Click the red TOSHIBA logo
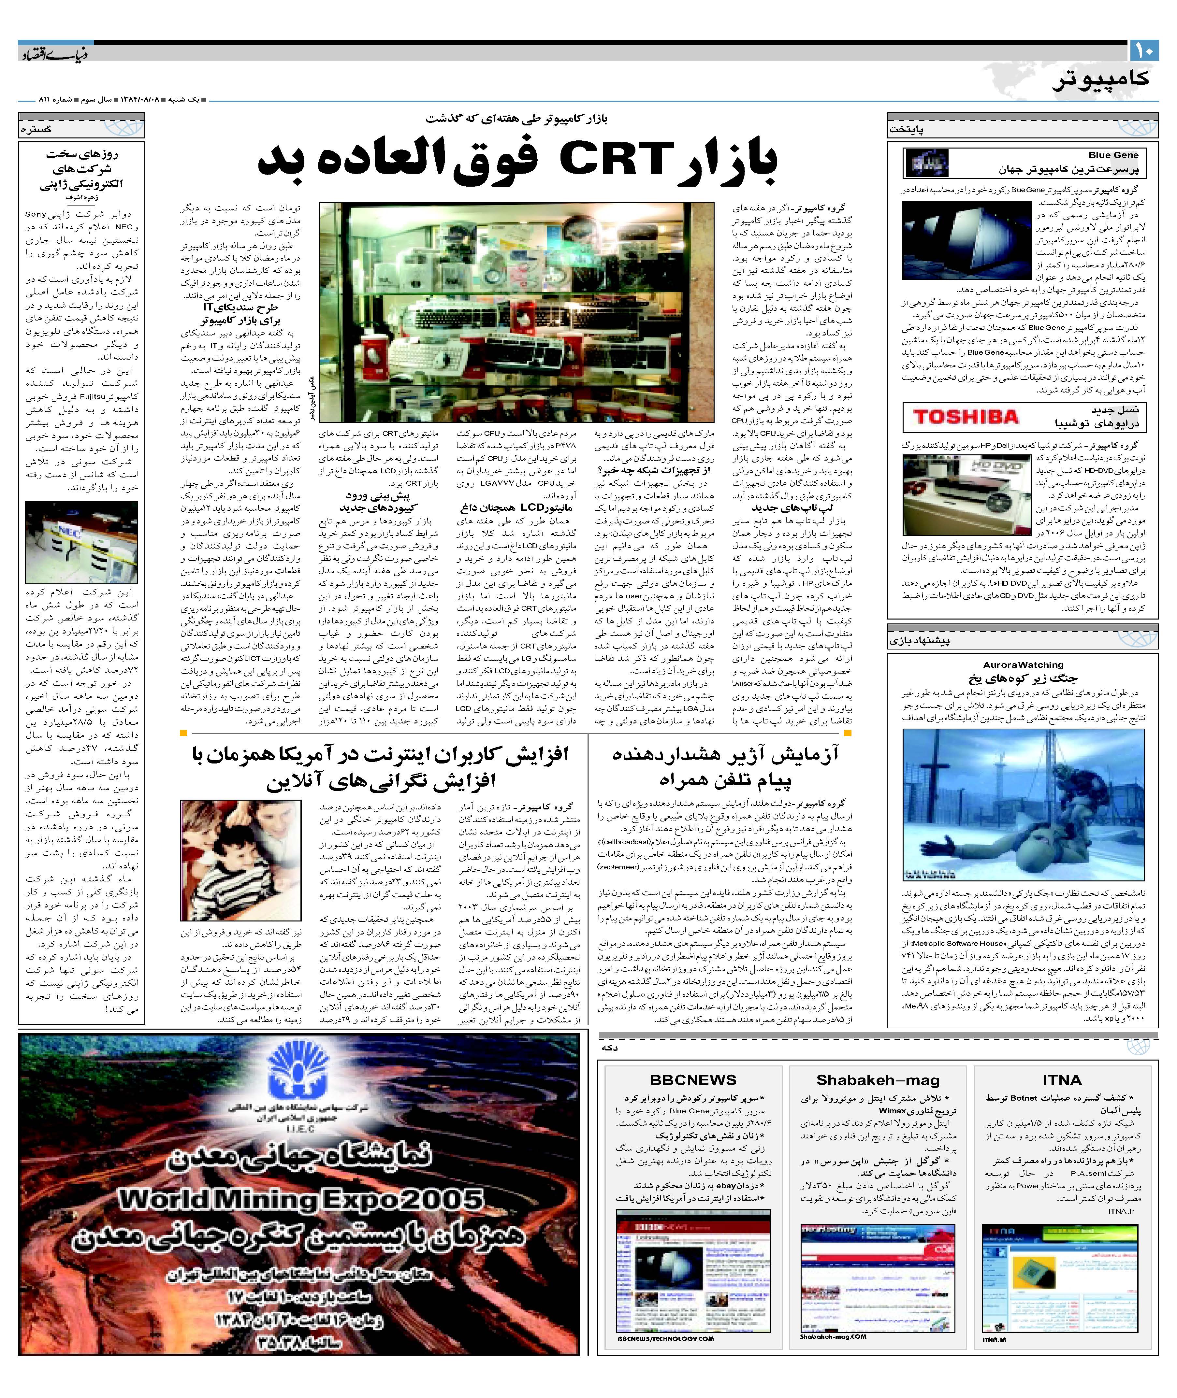tap(966, 418)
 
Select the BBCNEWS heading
tap(692, 1080)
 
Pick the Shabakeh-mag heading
tap(878, 1080)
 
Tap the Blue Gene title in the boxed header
tap(1113, 155)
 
